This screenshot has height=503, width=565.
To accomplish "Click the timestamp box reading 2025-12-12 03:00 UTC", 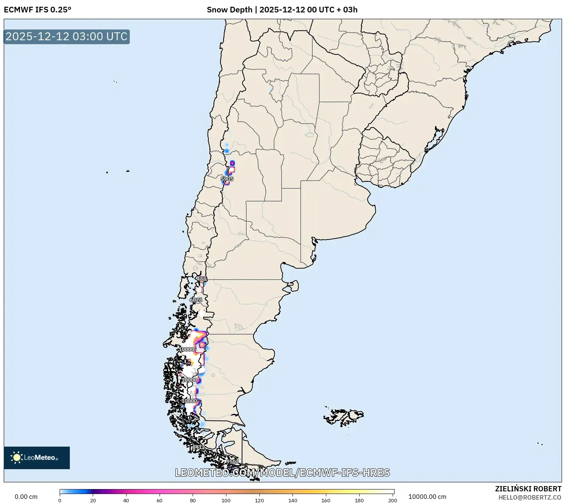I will (67, 36).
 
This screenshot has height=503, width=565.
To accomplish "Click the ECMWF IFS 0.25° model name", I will (37, 10).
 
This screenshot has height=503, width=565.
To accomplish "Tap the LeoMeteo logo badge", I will (37, 458).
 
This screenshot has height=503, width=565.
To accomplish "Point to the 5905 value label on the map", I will (227, 179).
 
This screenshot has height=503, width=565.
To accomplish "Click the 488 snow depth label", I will (202, 279).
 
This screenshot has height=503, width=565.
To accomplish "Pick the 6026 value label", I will (196, 300).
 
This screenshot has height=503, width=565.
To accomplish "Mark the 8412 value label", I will (198, 447).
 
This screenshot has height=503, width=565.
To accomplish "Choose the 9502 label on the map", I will (232, 462).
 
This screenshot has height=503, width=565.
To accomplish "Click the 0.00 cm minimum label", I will (26, 497).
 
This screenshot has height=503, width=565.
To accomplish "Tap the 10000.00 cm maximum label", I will (427, 497).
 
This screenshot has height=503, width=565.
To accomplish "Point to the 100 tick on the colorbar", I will (226, 500).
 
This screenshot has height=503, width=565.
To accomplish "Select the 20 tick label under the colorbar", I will (93, 500).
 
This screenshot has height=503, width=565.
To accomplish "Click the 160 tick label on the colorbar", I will (326, 500).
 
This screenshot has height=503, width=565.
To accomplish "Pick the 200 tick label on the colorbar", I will (393, 500).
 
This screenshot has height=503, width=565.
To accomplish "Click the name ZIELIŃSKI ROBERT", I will (528, 489).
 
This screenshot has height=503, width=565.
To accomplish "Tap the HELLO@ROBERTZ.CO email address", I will (530, 497).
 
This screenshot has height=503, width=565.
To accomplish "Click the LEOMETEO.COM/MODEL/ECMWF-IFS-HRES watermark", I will (282, 473).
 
